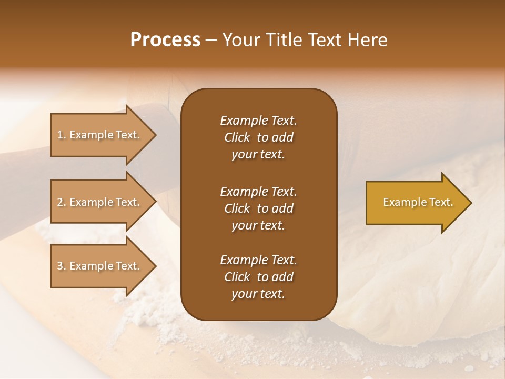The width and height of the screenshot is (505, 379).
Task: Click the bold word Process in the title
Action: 165,40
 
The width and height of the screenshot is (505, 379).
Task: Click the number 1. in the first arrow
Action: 62,135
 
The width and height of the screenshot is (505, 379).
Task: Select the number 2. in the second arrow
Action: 62,202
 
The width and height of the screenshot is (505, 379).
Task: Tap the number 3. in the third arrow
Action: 62,266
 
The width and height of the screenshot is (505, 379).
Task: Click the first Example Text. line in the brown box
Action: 258,121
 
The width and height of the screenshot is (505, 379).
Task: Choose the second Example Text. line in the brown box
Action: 258,192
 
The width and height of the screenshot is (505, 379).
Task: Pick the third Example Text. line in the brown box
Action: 258,260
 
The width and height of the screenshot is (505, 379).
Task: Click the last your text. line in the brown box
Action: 258,294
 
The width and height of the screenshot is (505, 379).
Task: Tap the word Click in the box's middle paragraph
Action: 237,208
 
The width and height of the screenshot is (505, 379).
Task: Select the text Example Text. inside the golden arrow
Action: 418,202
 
